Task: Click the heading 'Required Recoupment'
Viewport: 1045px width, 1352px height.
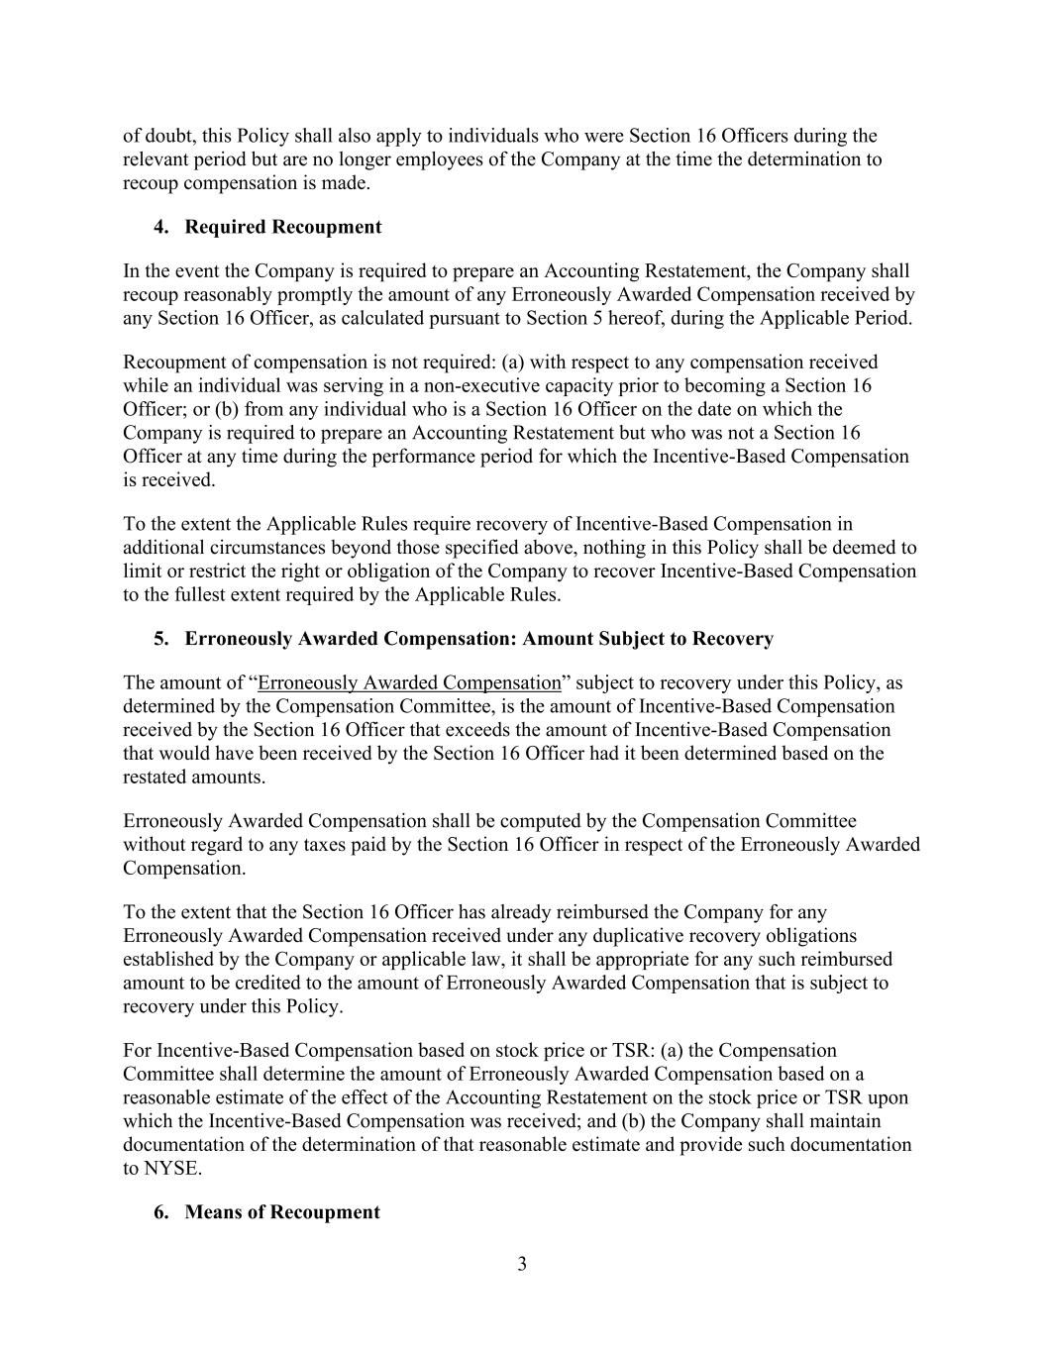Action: (x=282, y=227)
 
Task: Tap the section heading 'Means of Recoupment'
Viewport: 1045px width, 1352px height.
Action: (x=281, y=1211)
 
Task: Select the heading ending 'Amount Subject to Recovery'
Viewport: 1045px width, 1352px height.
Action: (x=478, y=638)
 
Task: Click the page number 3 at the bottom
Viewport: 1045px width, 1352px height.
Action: (x=522, y=1264)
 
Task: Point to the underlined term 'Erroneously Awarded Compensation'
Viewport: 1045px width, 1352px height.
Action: (x=409, y=682)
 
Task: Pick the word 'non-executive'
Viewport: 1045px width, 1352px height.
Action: (x=480, y=385)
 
